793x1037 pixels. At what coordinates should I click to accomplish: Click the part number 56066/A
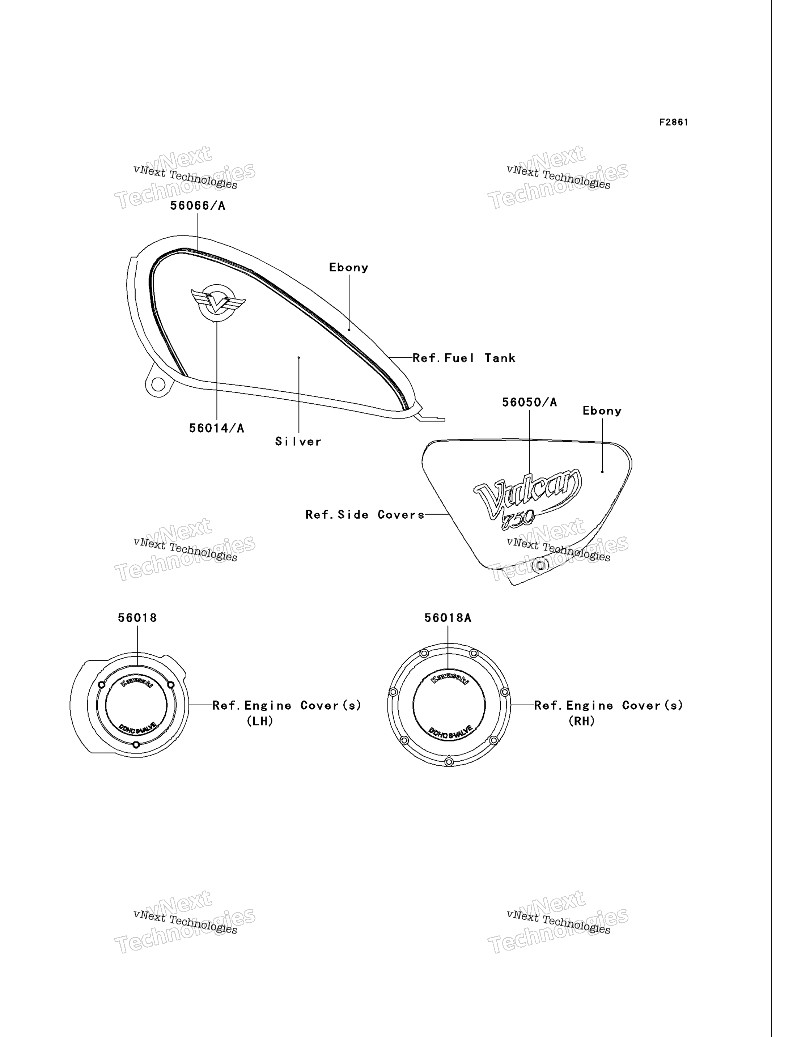(x=198, y=206)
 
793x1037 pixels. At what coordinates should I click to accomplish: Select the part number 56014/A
(x=217, y=428)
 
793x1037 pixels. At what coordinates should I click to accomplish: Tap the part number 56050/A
(x=529, y=402)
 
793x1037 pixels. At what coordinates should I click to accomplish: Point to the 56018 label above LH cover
(x=137, y=618)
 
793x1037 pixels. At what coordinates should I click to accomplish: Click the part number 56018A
(x=448, y=618)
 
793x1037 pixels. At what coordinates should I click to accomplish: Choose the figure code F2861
(x=674, y=122)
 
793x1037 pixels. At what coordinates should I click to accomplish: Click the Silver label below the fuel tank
(x=298, y=441)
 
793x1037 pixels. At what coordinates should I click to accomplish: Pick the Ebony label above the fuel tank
(x=349, y=268)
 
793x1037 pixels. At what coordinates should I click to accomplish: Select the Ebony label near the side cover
(x=602, y=411)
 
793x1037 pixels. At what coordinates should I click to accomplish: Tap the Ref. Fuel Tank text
(x=464, y=358)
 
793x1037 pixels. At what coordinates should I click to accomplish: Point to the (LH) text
(x=260, y=721)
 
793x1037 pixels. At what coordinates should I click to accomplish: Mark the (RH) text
(x=582, y=721)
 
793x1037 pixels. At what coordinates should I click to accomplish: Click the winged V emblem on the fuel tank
(x=217, y=302)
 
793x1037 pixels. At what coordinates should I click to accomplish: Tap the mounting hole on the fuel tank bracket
(x=158, y=385)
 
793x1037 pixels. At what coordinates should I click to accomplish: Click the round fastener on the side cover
(x=540, y=565)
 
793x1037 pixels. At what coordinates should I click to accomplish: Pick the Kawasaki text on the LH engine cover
(x=136, y=682)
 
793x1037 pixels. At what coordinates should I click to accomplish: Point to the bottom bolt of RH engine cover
(x=449, y=762)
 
